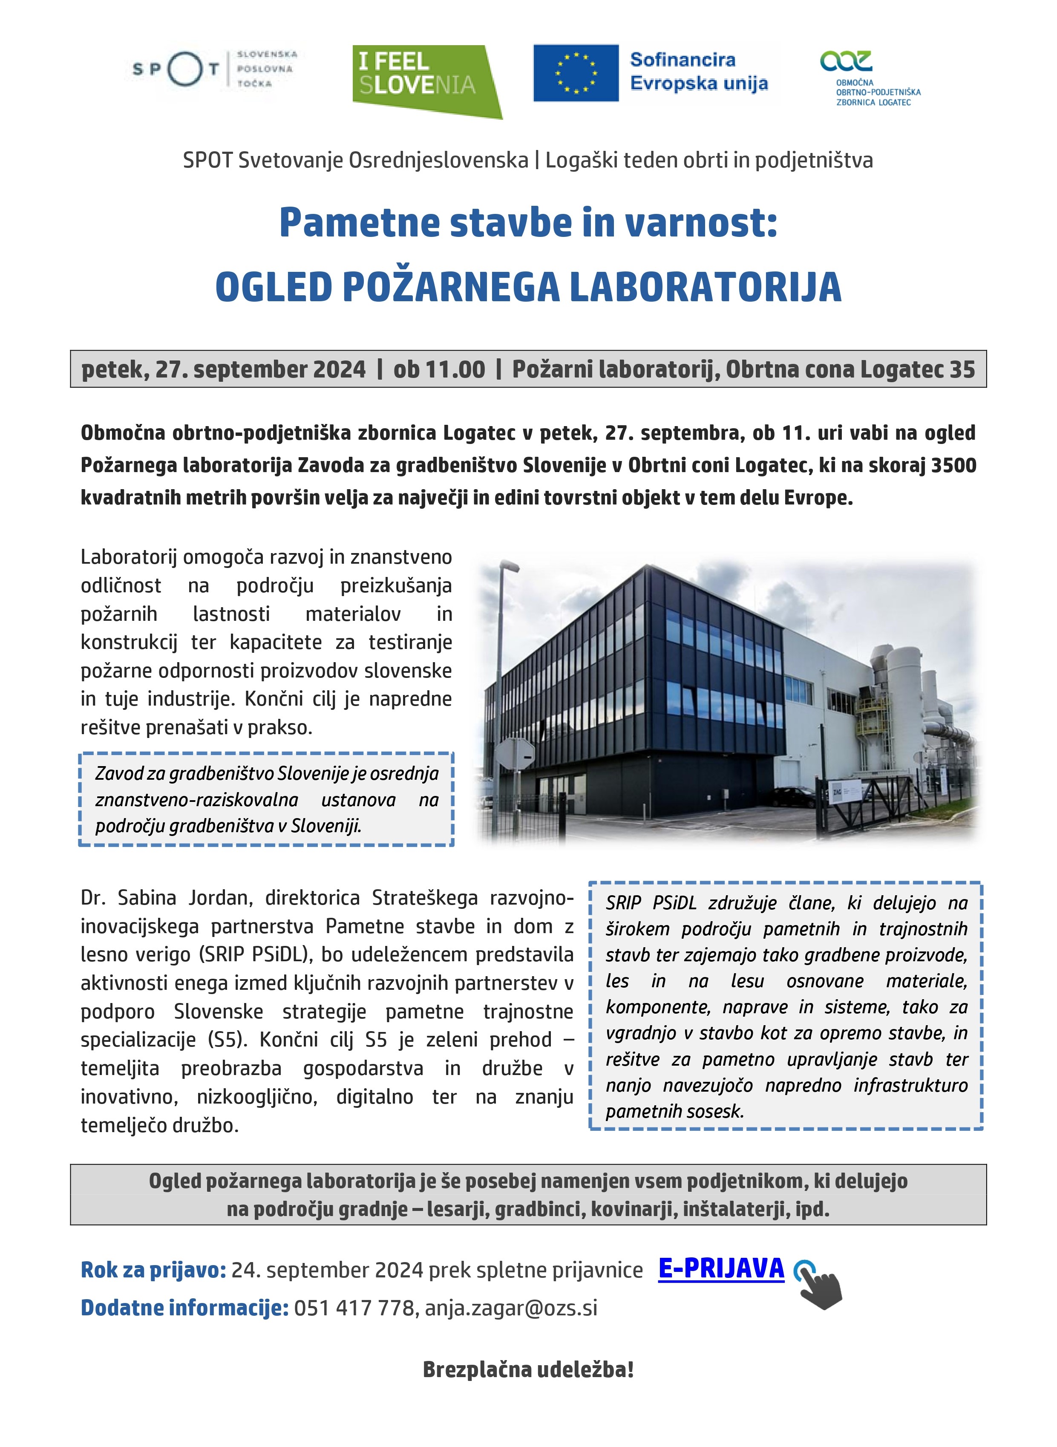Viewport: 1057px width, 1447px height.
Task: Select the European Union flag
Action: click(x=575, y=73)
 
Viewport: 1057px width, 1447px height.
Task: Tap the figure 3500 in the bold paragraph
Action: click(x=953, y=465)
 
